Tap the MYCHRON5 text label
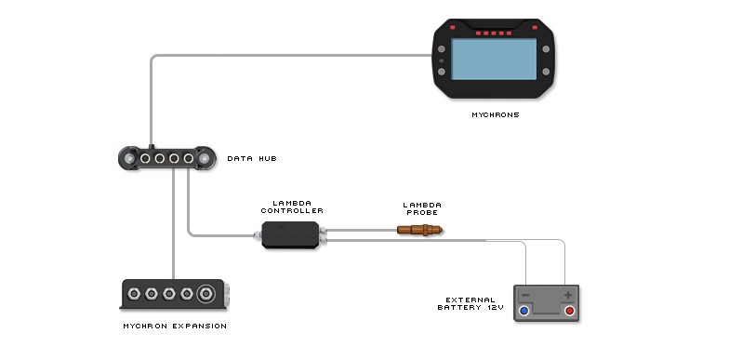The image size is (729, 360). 494,115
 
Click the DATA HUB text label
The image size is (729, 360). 251,159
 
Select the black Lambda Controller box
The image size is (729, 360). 290,235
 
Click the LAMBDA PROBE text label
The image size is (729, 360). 421,207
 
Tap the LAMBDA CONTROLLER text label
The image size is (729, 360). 291,207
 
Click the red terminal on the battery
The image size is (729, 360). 568,311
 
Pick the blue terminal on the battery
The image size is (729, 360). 524,311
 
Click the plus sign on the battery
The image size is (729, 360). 566,295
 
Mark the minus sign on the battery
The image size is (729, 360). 526,295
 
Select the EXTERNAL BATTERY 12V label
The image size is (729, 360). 471,305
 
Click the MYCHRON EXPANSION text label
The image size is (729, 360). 175,327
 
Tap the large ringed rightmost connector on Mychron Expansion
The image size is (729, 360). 210,295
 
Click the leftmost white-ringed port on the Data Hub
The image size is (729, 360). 146,159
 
